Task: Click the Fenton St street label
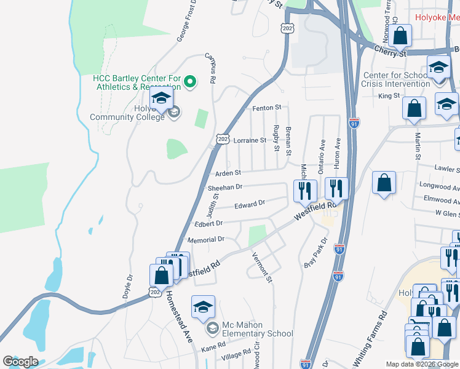coord(266,108)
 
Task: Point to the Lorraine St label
coord(250,140)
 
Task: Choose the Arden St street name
coord(228,173)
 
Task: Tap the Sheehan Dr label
coord(225,186)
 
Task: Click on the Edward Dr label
coord(249,202)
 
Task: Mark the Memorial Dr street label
coord(205,239)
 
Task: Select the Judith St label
coord(215,205)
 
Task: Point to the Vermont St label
coord(262,268)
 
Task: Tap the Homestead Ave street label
coord(178,316)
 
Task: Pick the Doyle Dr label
coord(129,286)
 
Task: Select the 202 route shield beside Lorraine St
coord(221,140)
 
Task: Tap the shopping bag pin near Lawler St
coord(384,183)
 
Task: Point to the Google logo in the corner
coord(20,362)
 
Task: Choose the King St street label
coord(389,96)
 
